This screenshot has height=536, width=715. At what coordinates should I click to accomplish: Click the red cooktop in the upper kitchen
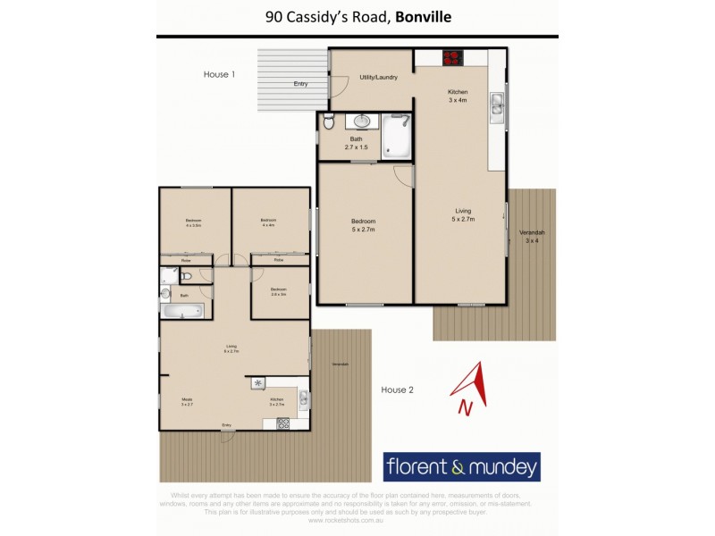[453, 58]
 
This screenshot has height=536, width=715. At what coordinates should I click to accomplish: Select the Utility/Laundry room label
[378, 78]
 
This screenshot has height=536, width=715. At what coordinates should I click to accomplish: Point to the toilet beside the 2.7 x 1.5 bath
[328, 122]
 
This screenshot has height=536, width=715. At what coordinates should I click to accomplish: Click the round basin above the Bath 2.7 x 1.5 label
[363, 121]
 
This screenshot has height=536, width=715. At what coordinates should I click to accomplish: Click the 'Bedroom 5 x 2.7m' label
[363, 225]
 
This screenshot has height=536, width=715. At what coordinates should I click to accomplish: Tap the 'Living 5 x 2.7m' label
[462, 214]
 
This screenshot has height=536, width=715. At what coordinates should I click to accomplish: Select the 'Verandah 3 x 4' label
[533, 237]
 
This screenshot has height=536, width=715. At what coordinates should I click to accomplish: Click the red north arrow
[474, 381]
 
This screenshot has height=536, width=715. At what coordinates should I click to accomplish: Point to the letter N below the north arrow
[464, 407]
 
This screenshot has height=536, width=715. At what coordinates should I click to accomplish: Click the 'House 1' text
[219, 75]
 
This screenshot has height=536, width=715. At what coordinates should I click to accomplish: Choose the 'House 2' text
[397, 389]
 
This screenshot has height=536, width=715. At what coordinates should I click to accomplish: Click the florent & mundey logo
[461, 466]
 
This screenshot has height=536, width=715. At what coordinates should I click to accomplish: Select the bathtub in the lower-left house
[182, 310]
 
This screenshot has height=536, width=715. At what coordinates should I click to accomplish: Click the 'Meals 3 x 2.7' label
[188, 402]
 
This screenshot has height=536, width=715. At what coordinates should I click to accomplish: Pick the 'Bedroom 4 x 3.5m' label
[193, 222]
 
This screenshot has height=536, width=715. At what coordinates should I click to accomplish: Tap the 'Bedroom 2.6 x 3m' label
[279, 290]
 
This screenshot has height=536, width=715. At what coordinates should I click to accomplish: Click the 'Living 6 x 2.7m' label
[231, 348]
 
